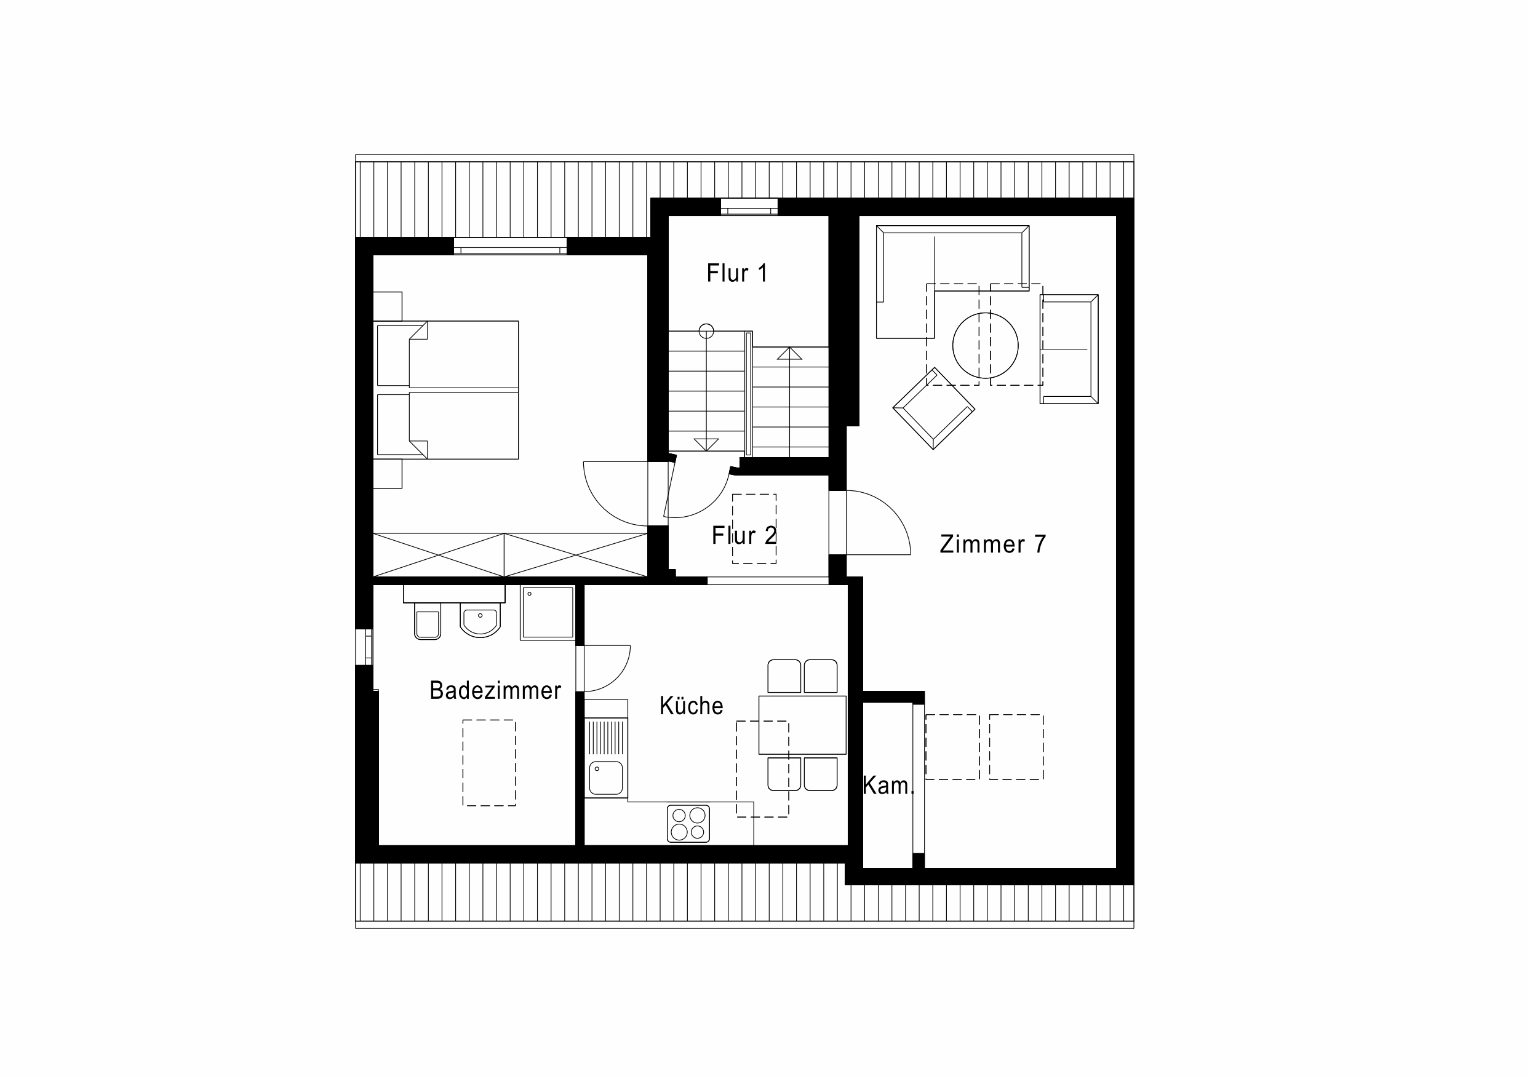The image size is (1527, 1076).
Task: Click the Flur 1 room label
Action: click(x=737, y=273)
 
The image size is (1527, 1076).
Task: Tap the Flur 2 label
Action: click(x=744, y=535)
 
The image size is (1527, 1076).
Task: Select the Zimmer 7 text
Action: click(x=993, y=544)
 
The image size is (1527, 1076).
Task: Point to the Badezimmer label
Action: click(x=495, y=690)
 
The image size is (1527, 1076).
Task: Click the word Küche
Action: click(x=691, y=706)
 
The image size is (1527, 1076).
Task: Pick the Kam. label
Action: click(x=888, y=786)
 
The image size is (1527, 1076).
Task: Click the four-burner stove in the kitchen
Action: click(x=688, y=823)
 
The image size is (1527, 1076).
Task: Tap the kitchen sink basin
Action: click(x=606, y=778)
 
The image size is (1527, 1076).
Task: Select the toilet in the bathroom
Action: click(x=428, y=622)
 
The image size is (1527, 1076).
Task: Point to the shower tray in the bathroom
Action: click(x=547, y=613)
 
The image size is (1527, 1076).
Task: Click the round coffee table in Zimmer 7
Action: click(x=986, y=345)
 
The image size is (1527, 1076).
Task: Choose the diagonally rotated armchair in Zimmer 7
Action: click(x=934, y=408)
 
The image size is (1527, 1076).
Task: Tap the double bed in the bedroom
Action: click(x=446, y=389)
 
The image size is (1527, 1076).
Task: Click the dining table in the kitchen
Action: click(x=802, y=725)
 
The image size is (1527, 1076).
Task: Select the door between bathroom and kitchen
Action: click(x=603, y=668)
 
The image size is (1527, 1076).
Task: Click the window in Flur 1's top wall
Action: click(x=749, y=207)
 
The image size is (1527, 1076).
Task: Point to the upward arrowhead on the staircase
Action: click(x=789, y=353)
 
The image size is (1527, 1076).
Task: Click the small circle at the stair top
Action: click(x=706, y=330)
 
